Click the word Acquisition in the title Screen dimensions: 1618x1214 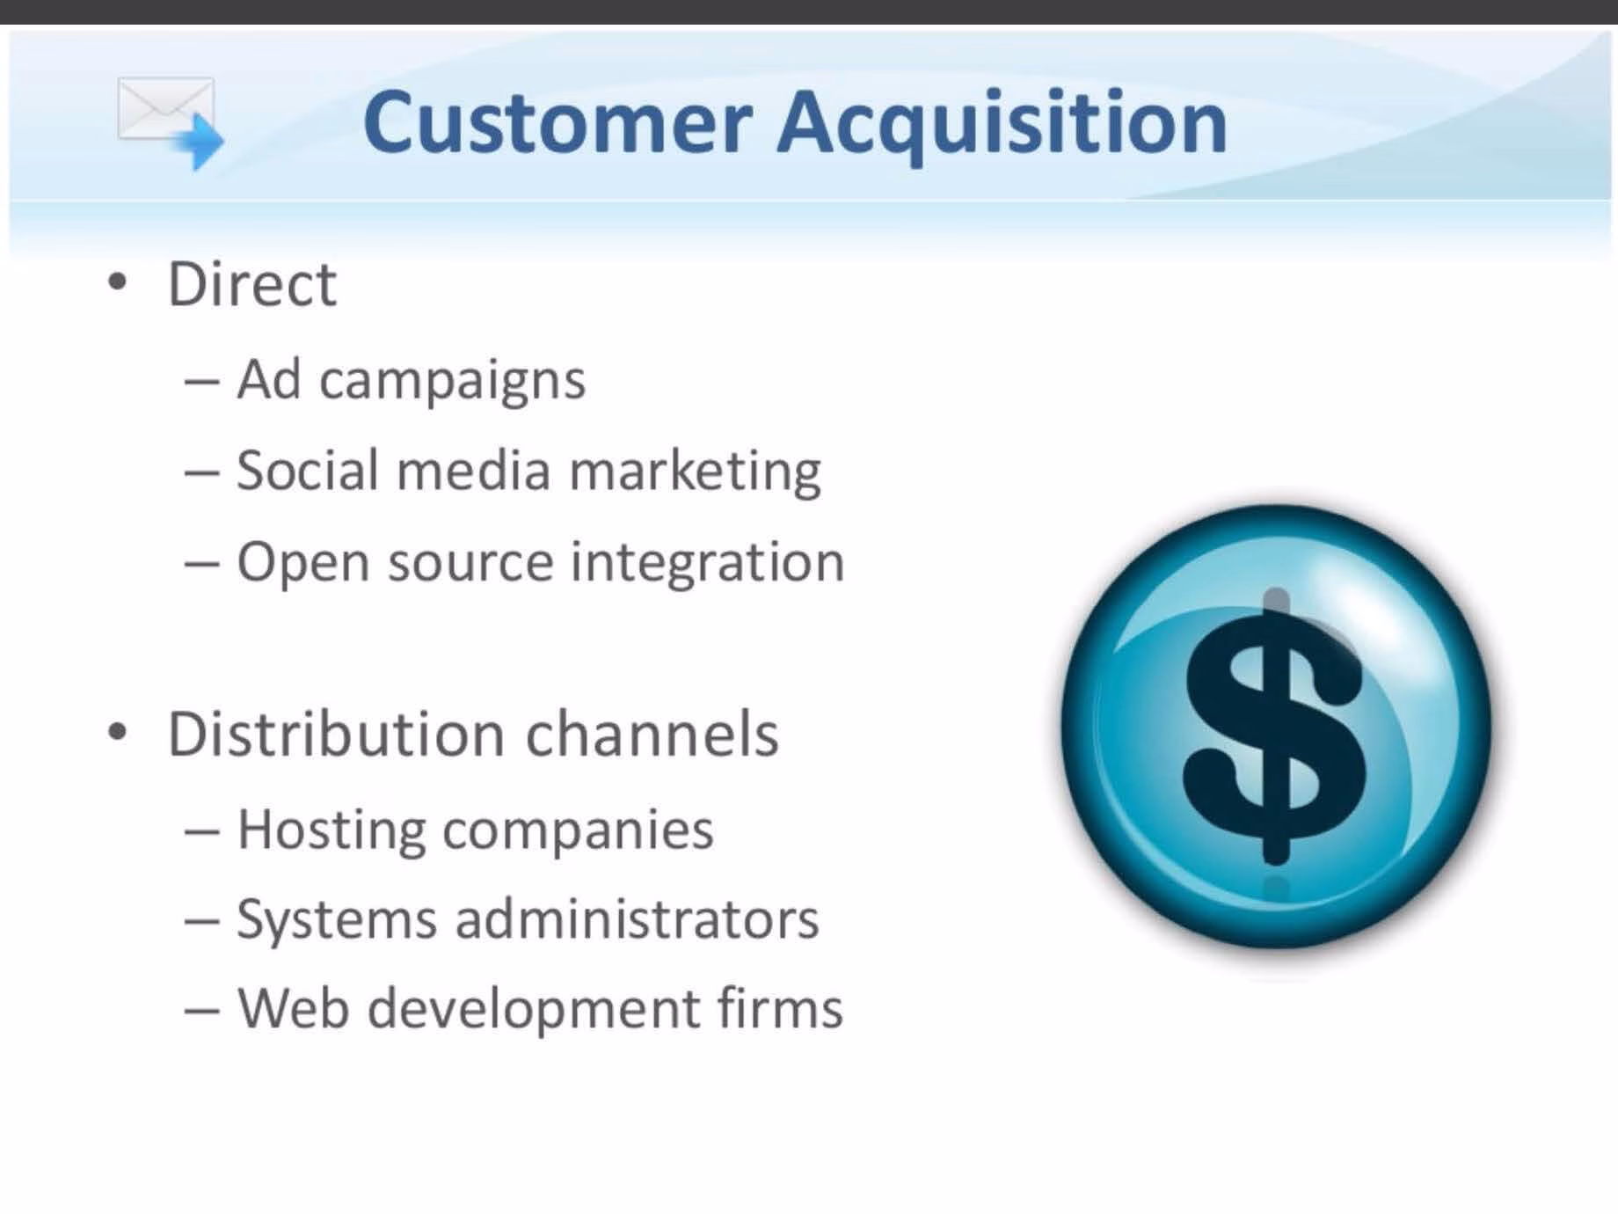coord(1002,125)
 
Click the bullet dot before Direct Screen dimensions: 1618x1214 coord(118,283)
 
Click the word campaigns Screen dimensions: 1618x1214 coord(452,382)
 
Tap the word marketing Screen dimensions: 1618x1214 coord(695,472)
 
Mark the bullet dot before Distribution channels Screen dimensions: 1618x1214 coord(118,733)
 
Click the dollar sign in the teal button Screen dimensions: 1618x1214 coord(1274,727)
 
